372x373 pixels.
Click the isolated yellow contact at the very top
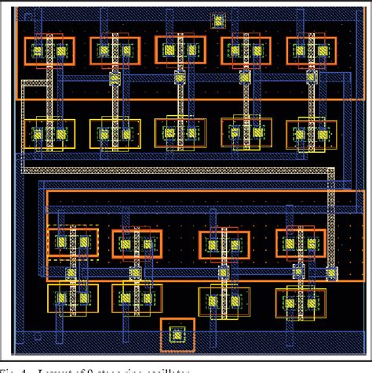(218, 21)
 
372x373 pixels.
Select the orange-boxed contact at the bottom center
(177, 335)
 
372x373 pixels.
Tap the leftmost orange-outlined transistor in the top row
(49, 52)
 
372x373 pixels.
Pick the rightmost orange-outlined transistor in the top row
(312, 52)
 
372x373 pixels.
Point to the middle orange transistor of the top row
(181, 52)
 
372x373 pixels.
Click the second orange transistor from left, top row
(115, 52)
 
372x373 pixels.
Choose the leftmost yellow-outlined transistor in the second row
(49, 134)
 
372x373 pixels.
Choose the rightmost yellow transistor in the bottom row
(301, 302)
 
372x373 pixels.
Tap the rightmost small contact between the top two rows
(312, 77)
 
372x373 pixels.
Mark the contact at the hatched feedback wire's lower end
(332, 272)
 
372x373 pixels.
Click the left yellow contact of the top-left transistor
(37, 52)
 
